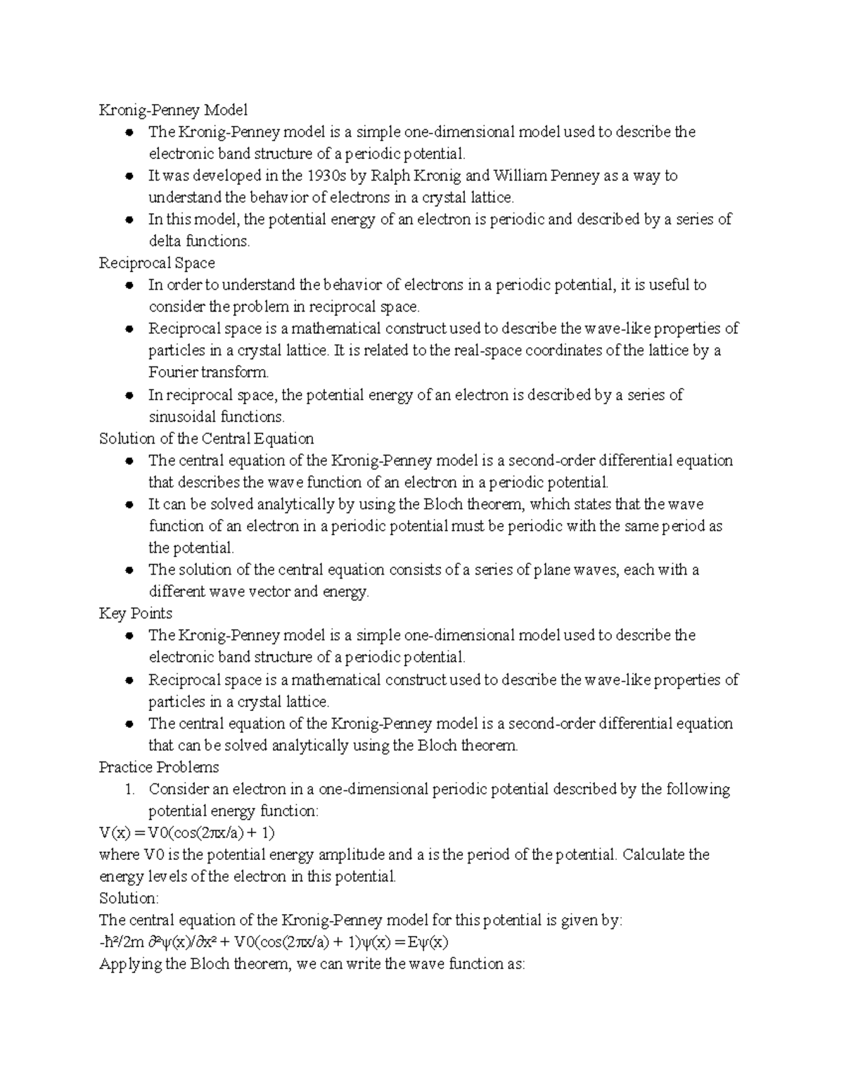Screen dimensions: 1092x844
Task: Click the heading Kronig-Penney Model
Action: [x=173, y=110]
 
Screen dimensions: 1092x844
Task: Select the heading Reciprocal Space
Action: [x=157, y=263]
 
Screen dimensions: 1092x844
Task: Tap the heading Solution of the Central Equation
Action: [x=206, y=439]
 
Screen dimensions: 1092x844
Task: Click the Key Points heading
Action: [x=136, y=613]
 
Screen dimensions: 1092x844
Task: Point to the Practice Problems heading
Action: [x=159, y=767]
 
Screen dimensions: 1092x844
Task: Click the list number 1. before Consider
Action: [x=129, y=790]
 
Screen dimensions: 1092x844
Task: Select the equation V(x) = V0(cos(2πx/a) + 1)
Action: [x=186, y=833]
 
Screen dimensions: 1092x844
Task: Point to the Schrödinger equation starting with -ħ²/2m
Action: [x=274, y=942]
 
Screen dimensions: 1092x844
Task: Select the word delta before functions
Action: [x=165, y=241]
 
